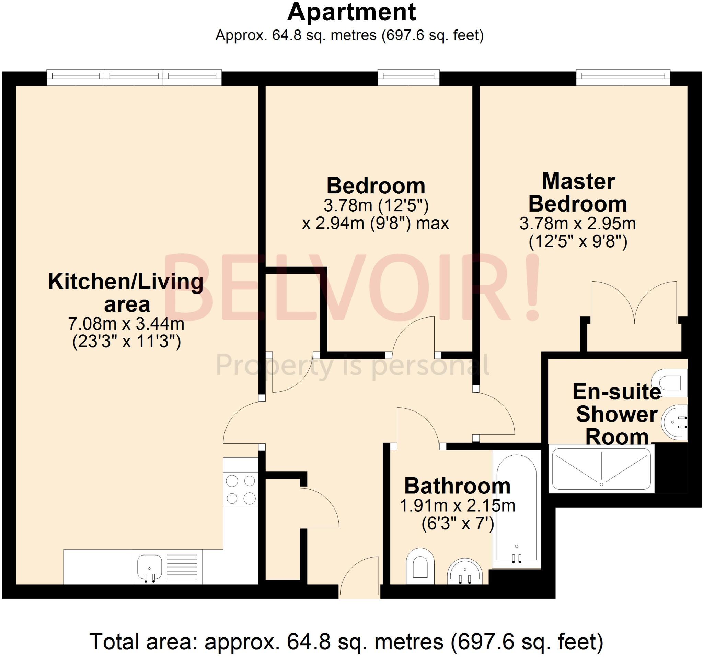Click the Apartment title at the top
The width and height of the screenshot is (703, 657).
pos(351,13)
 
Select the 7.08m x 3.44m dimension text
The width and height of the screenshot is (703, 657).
pos(126,324)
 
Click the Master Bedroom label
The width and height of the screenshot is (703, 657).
pos(578,192)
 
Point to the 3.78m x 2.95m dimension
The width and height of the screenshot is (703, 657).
pos(578,224)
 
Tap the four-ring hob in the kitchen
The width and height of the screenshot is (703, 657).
pos(241,490)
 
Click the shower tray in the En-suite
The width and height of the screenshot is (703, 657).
pos(601,469)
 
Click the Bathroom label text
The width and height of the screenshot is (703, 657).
pos(457,486)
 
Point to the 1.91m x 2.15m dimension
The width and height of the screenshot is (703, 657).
pos(457,506)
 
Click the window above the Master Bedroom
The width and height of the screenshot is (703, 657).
pos(623,78)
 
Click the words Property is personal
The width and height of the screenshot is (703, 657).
pos(352,366)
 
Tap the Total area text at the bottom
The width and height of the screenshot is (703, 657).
pos(346,642)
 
